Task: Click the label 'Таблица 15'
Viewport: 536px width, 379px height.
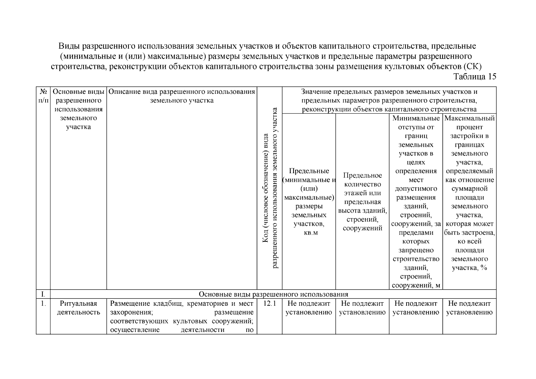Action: click(x=475, y=77)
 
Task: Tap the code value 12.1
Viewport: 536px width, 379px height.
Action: click(x=269, y=304)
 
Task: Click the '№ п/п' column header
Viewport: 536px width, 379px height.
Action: click(x=43, y=96)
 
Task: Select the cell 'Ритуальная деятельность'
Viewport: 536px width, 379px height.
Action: click(x=78, y=308)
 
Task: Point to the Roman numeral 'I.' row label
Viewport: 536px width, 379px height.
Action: click(x=43, y=294)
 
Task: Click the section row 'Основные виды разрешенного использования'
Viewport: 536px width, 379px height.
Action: click(x=273, y=294)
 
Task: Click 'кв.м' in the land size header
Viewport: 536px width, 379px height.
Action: click(x=309, y=233)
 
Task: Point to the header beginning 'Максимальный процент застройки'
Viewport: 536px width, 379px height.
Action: click(x=469, y=127)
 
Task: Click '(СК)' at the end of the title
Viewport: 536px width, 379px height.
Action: click(x=473, y=67)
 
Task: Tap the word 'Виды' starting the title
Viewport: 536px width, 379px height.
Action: click(x=69, y=46)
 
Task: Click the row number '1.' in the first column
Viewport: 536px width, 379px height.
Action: click(x=43, y=304)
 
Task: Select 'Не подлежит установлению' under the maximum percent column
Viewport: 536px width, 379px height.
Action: click(x=469, y=308)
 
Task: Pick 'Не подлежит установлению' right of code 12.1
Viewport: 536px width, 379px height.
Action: click(x=309, y=308)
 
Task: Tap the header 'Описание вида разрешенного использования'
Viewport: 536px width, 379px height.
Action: click(x=182, y=92)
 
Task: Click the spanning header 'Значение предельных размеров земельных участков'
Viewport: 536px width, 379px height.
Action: click(x=389, y=92)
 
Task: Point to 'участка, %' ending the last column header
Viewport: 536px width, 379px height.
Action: click(x=469, y=268)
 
